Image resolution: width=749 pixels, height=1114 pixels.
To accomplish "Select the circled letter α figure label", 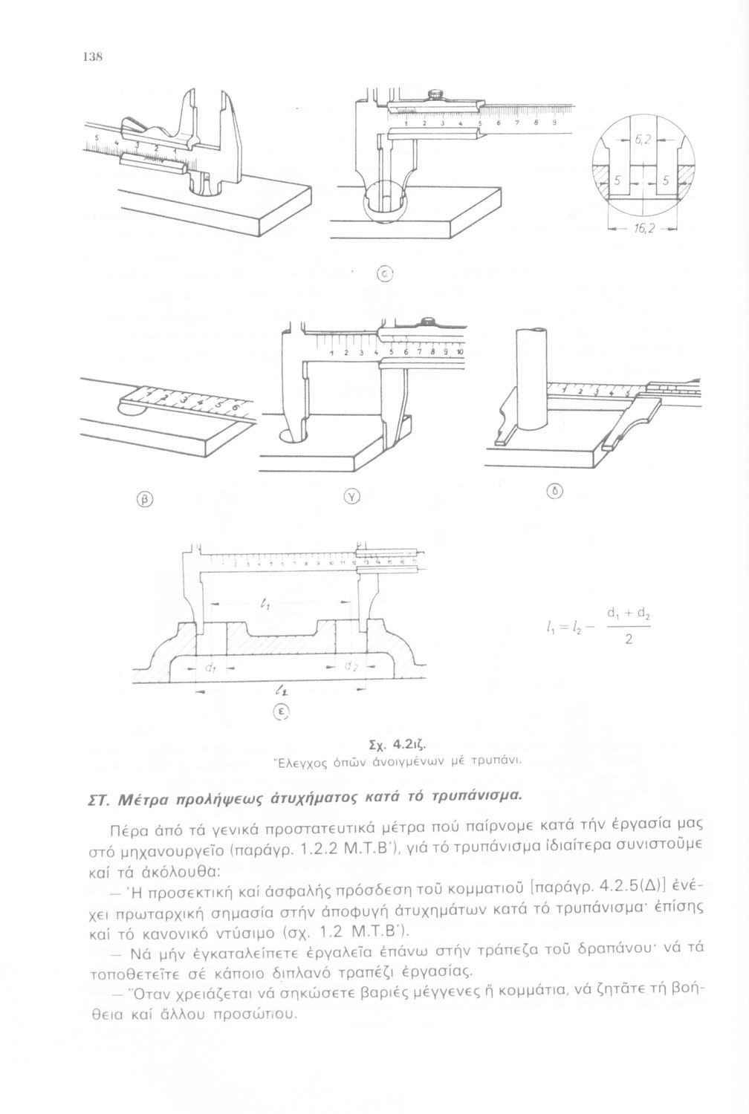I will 386,273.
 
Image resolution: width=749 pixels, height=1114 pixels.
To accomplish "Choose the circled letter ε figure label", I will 282,711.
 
